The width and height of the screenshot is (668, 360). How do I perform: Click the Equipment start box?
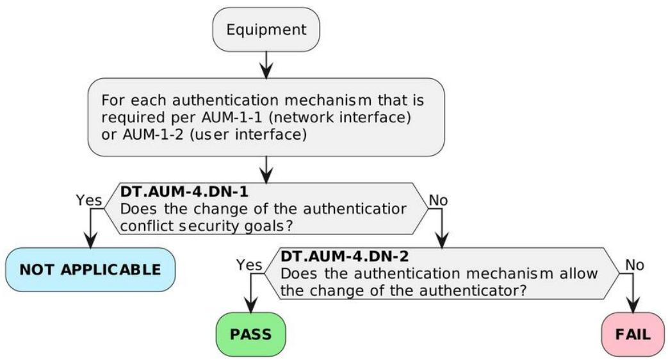(x=266, y=29)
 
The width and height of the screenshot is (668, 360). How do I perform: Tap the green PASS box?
(x=251, y=334)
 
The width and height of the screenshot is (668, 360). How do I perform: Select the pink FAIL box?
(x=633, y=334)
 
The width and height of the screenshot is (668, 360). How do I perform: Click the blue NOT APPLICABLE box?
(x=90, y=270)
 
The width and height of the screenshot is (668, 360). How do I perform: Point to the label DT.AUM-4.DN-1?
(x=184, y=192)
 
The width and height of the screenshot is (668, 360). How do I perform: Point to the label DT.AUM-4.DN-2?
(x=344, y=256)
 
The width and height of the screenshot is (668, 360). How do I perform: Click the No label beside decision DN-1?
(x=438, y=200)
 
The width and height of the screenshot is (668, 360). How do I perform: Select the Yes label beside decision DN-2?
(x=249, y=265)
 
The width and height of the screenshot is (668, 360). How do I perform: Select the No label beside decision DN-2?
(x=634, y=265)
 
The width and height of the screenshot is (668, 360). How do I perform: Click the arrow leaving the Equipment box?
(x=266, y=65)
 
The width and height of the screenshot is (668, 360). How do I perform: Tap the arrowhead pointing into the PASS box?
(x=251, y=306)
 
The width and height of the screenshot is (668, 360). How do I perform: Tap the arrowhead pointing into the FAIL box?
(x=633, y=306)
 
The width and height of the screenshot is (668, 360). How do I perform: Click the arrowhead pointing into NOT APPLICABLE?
(x=90, y=240)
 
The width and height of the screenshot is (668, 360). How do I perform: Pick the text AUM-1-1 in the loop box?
(x=232, y=117)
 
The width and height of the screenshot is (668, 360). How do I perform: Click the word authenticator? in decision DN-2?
(x=473, y=291)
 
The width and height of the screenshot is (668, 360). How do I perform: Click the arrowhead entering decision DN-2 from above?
(x=442, y=240)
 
